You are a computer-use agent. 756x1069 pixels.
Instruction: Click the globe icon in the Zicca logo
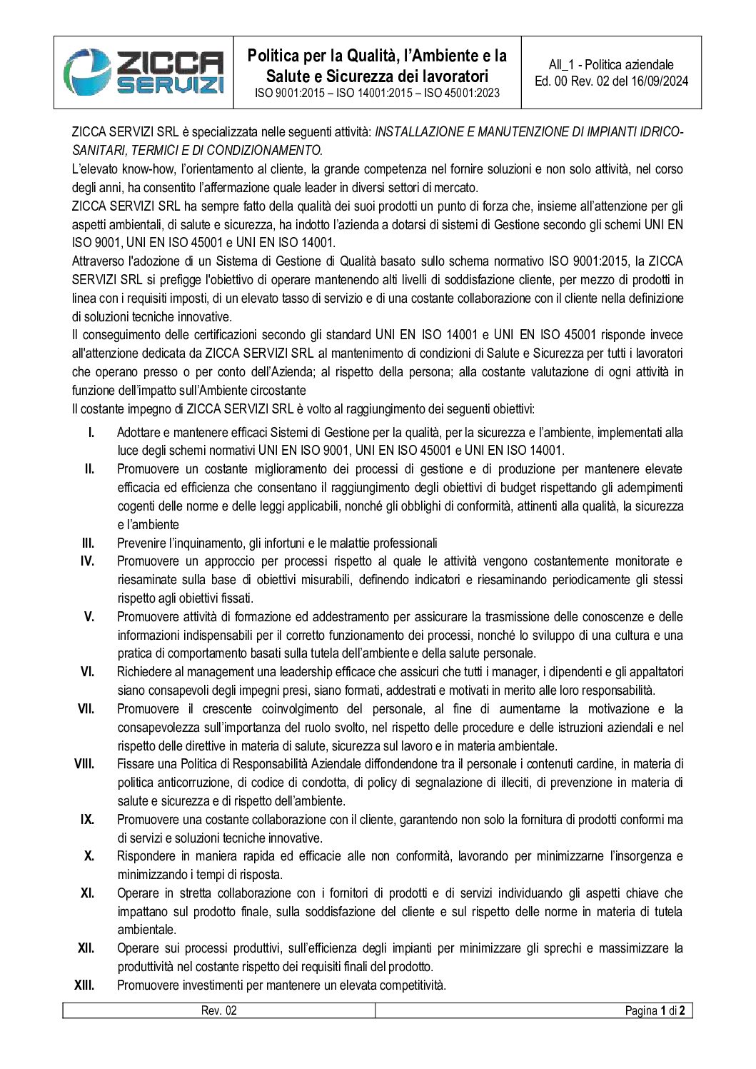tap(86, 71)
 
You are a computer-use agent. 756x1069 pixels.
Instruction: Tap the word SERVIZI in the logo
tap(171, 85)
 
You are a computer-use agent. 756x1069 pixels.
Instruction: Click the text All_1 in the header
tap(563, 64)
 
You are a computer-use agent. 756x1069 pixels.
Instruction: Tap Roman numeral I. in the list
tap(91, 432)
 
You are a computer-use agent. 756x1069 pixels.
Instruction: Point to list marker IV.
tap(87, 561)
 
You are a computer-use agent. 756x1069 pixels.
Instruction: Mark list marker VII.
tap(86, 709)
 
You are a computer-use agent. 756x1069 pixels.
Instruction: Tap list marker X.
tap(89, 856)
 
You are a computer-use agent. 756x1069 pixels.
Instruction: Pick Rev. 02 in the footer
tap(218, 1010)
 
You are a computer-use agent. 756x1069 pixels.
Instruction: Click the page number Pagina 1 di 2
tap(655, 1010)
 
